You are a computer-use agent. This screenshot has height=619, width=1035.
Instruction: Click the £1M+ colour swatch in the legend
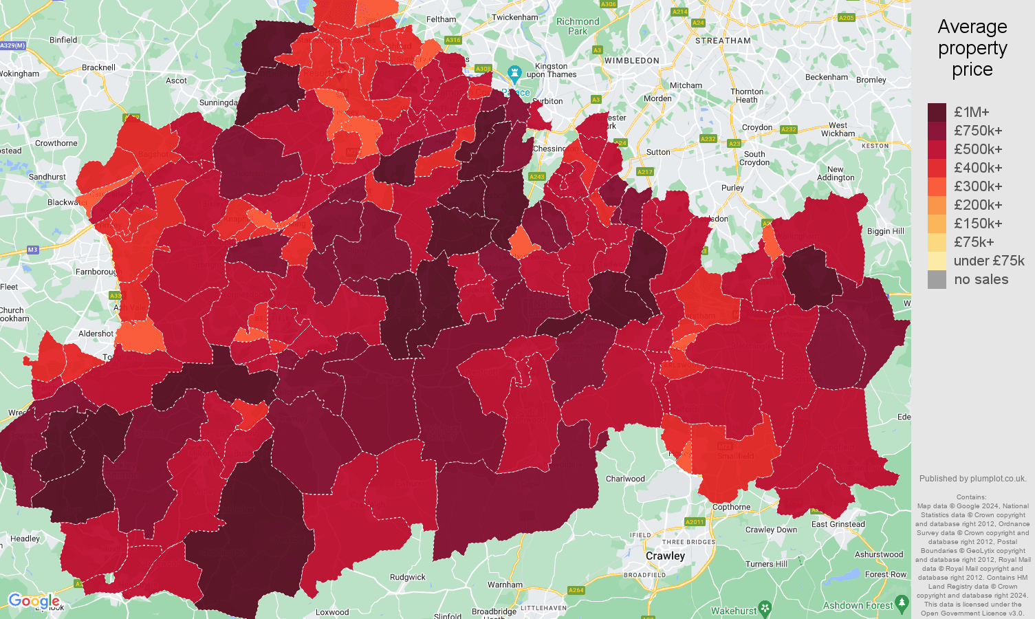[937, 112]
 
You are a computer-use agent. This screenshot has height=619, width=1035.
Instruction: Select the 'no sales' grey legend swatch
[937, 279]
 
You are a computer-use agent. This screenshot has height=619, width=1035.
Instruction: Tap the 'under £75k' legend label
[989, 261]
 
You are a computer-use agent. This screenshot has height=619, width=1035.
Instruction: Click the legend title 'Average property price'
[972, 48]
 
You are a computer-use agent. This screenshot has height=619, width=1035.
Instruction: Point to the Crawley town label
[665, 556]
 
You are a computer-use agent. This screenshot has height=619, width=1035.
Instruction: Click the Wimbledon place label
[631, 61]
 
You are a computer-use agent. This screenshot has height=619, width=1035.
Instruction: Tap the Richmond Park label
[578, 26]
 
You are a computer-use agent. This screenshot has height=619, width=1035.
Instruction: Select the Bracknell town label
[98, 67]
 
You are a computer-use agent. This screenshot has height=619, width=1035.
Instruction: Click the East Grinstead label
[838, 524]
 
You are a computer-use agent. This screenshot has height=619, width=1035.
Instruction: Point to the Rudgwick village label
[408, 577]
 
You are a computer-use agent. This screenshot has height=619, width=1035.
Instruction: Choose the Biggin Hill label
[885, 231]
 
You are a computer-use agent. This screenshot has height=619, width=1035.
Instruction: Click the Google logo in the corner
[34, 601]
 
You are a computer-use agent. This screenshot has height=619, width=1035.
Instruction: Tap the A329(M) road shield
[12, 45]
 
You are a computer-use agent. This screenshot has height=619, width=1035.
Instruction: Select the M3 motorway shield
[32, 250]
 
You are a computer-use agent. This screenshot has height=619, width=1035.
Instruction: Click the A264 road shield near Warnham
[576, 590]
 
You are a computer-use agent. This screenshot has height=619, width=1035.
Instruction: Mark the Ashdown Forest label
[858, 605]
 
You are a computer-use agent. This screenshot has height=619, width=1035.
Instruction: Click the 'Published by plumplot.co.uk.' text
[972, 479]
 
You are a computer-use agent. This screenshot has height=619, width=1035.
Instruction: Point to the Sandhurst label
[47, 177]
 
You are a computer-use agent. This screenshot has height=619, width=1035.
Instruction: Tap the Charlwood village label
[625, 479]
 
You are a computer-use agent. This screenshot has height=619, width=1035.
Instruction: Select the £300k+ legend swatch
[937, 186]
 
